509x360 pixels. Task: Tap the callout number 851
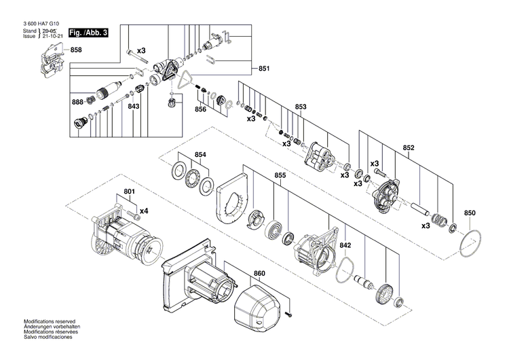pos(264,69)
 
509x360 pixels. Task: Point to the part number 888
pos(79,102)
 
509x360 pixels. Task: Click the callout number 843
pos(134,106)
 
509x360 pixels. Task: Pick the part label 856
pos(201,109)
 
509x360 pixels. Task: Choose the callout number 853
pos(301,107)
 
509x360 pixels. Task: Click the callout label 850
pos(470,213)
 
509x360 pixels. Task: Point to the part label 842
pos(345,245)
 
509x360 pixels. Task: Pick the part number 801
pos(129,192)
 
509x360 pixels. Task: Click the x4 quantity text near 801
pos(144,212)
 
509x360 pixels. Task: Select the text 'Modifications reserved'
pos(50,321)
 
